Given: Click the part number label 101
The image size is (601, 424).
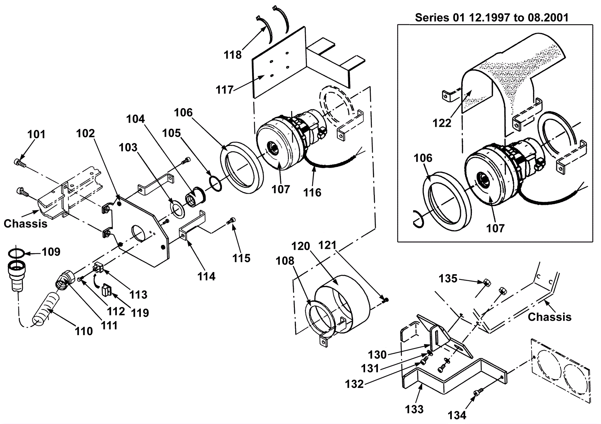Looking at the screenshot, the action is [x=36, y=134].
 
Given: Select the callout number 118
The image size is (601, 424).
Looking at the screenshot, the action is [x=233, y=55].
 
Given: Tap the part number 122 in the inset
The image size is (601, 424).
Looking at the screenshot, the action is [x=442, y=123].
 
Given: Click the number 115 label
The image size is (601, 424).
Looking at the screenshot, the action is [x=241, y=258].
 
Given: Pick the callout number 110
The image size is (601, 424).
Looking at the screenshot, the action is [x=84, y=332].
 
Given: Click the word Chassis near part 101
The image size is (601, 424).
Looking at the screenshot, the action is [x=26, y=224].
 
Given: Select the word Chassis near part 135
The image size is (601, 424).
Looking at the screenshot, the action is [x=550, y=317].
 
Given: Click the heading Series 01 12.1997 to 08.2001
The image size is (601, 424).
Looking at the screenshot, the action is [x=492, y=18].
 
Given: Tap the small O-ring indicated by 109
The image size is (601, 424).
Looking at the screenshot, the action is [x=16, y=253].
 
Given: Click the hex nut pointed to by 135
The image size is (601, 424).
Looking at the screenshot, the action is [x=487, y=283].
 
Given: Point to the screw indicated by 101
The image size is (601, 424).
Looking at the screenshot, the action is [x=20, y=162].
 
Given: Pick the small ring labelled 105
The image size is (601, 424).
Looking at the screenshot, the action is [x=215, y=183].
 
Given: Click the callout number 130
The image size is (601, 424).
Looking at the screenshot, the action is [x=377, y=355].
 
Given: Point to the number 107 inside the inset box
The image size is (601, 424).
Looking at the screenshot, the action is [x=495, y=229].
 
